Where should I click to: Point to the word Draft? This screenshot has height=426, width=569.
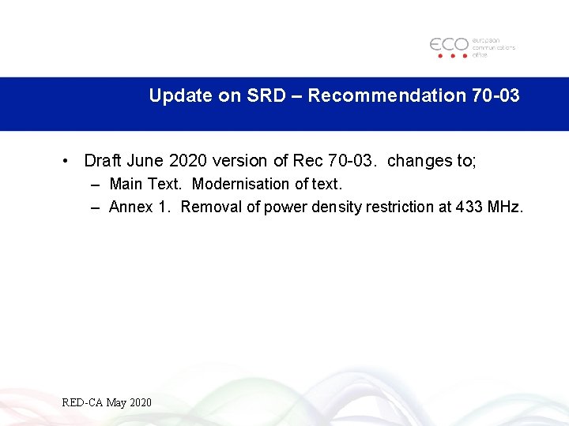(102, 161)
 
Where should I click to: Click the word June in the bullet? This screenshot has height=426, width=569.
(145, 161)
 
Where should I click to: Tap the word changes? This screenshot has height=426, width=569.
(419, 161)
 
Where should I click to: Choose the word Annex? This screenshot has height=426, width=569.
(130, 207)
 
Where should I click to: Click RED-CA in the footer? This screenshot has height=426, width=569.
(82, 403)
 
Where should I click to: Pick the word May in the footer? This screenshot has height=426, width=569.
(116, 403)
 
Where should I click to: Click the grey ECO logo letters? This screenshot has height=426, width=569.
(449, 44)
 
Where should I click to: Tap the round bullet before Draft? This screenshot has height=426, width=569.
(68, 162)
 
